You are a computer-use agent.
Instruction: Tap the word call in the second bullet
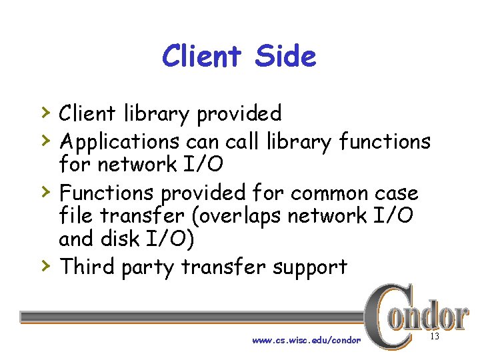point(243,141)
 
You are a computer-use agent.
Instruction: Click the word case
point(396,193)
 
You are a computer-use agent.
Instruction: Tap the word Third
point(87,267)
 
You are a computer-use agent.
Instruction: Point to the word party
point(149,268)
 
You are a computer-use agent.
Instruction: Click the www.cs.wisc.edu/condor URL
point(306,340)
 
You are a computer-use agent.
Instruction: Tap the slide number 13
point(435,337)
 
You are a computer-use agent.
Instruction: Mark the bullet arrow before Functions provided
point(45,191)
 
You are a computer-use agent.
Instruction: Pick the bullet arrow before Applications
point(45,139)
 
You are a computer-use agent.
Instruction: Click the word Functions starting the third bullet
point(106,193)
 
